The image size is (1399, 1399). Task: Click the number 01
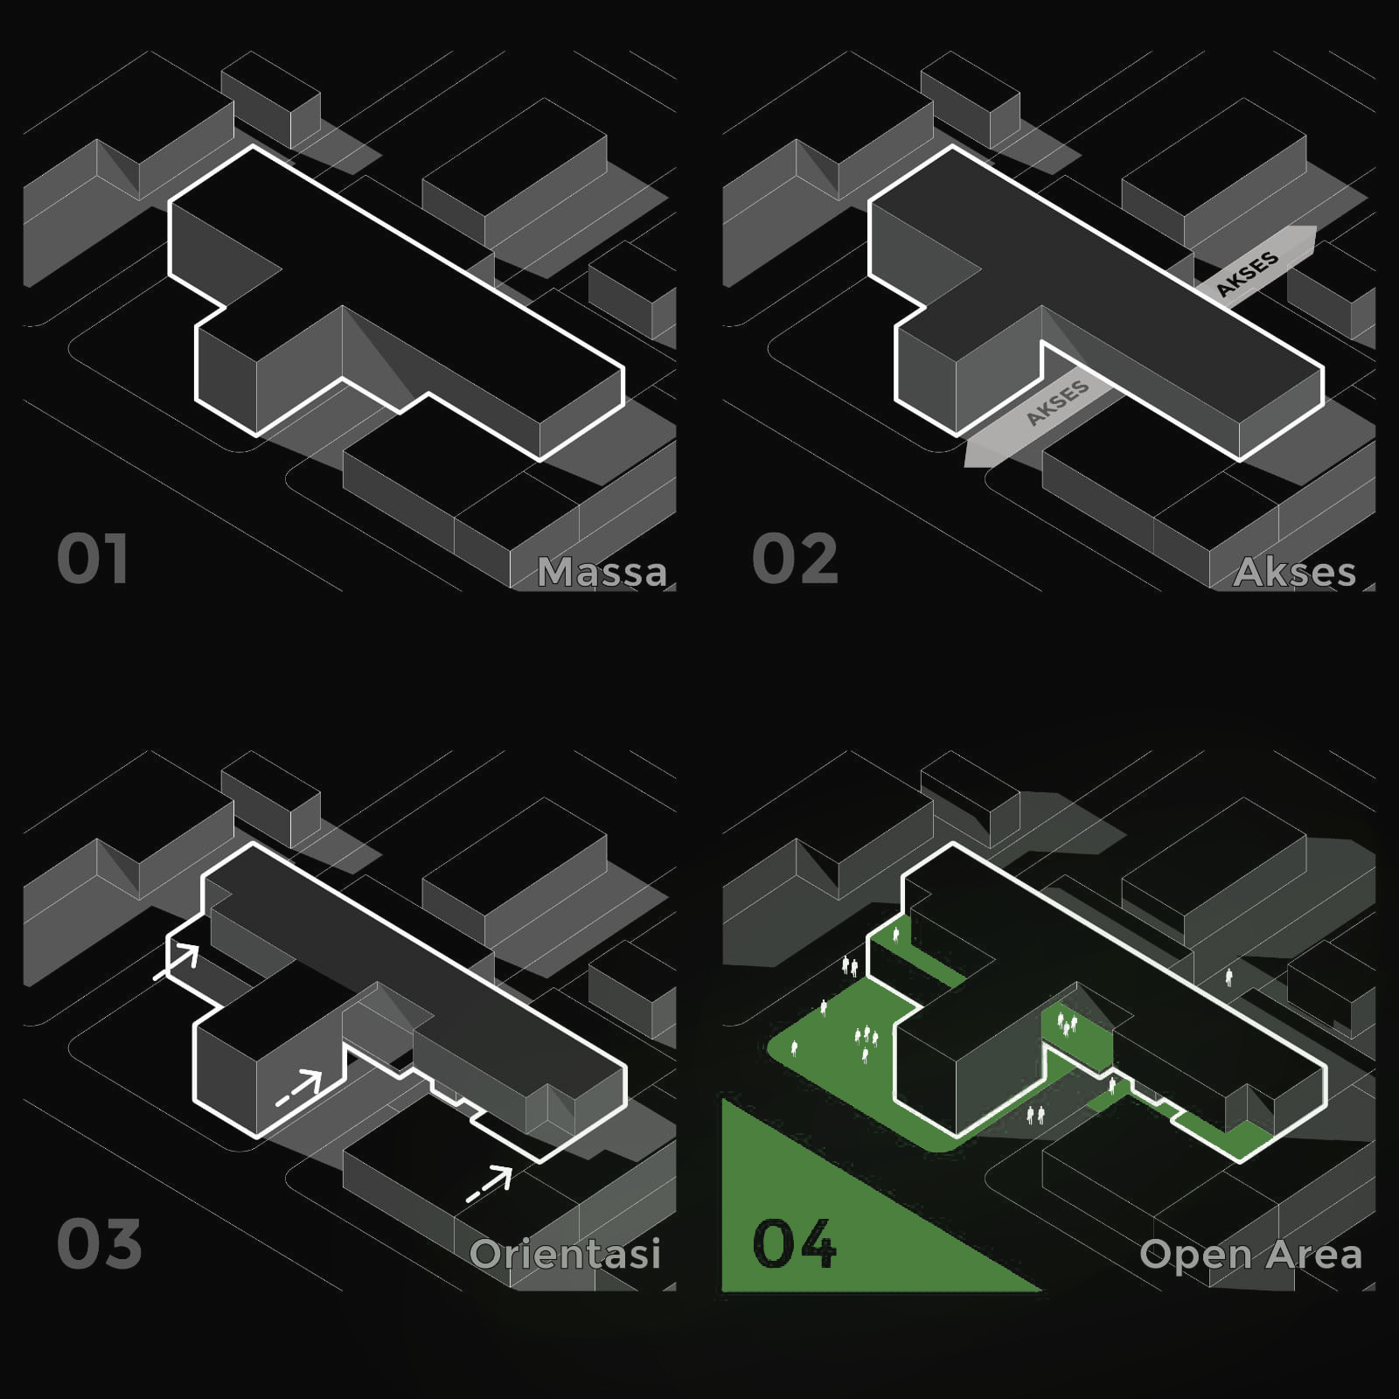(x=93, y=559)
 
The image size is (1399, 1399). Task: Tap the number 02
(x=795, y=559)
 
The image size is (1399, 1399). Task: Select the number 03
(x=99, y=1243)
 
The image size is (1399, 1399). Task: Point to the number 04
(x=794, y=1243)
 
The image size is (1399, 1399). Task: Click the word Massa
(x=602, y=572)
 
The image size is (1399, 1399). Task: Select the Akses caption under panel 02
(x=1295, y=572)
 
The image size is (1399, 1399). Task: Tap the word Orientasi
(x=565, y=1253)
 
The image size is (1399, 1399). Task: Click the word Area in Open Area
(x=1314, y=1254)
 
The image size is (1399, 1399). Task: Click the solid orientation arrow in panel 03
(x=177, y=961)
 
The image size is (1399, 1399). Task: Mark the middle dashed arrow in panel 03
(x=300, y=1087)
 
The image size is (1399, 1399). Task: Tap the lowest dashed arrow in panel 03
(x=489, y=1183)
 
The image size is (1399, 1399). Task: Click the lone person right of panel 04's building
(x=1229, y=977)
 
